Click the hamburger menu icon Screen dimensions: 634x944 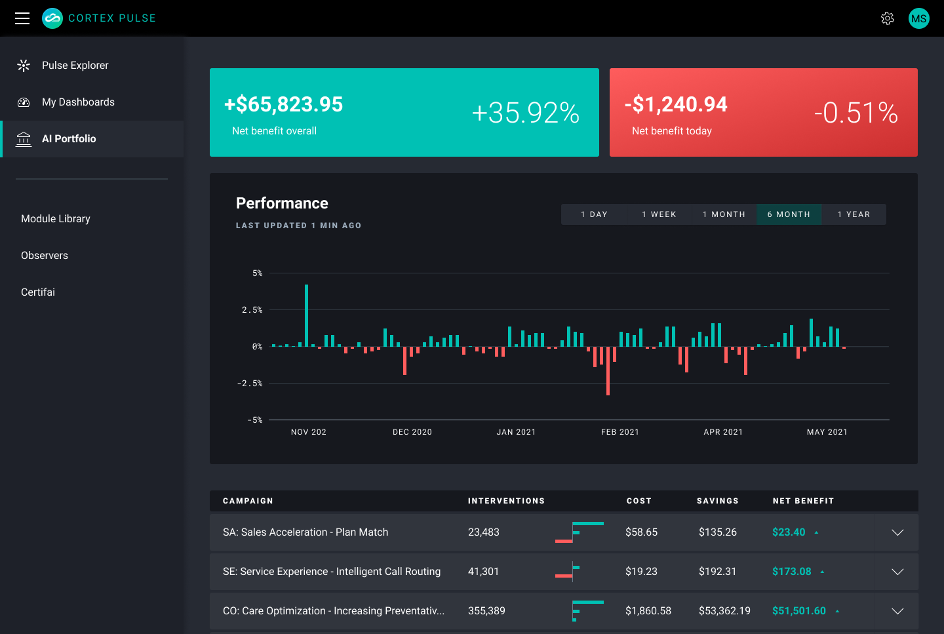click(x=22, y=18)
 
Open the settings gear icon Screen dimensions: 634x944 click(x=888, y=18)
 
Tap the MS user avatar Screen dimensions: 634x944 click(x=918, y=18)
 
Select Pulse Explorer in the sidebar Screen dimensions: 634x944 click(x=75, y=66)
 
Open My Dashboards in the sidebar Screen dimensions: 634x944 click(x=78, y=102)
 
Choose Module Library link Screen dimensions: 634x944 click(x=56, y=219)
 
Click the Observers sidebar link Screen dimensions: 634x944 click(x=45, y=256)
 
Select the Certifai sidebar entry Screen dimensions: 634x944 click(x=38, y=292)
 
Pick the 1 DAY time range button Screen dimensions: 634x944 click(x=594, y=214)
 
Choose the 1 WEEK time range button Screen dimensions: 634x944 click(x=659, y=214)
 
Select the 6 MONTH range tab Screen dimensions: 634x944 click(x=789, y=214)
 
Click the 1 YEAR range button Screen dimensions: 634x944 click(x=854, y=214)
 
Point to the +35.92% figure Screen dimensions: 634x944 click(x=525, y=113)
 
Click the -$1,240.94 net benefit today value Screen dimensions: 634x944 click(x=676, y=104)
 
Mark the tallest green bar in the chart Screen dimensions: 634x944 click(x=306, y=315)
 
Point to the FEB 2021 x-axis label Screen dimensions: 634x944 click(x=619, y=432)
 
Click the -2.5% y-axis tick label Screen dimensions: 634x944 click(x=250, y=384)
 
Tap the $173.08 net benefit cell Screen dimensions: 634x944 click(x=791, y=572)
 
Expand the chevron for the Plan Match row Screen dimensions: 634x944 click(x=897, y=532)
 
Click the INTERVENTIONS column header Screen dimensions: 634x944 click(x=506, y=501)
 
